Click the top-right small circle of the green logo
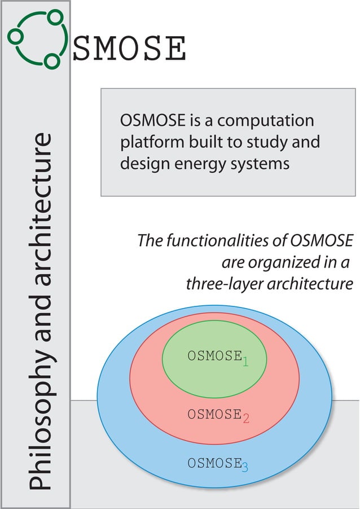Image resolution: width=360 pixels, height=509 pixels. point(55,17)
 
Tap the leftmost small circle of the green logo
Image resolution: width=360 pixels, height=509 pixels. point(16,36)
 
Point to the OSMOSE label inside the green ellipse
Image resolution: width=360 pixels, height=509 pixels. point(214,357)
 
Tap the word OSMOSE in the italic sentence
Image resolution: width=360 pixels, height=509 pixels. point(321,241)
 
